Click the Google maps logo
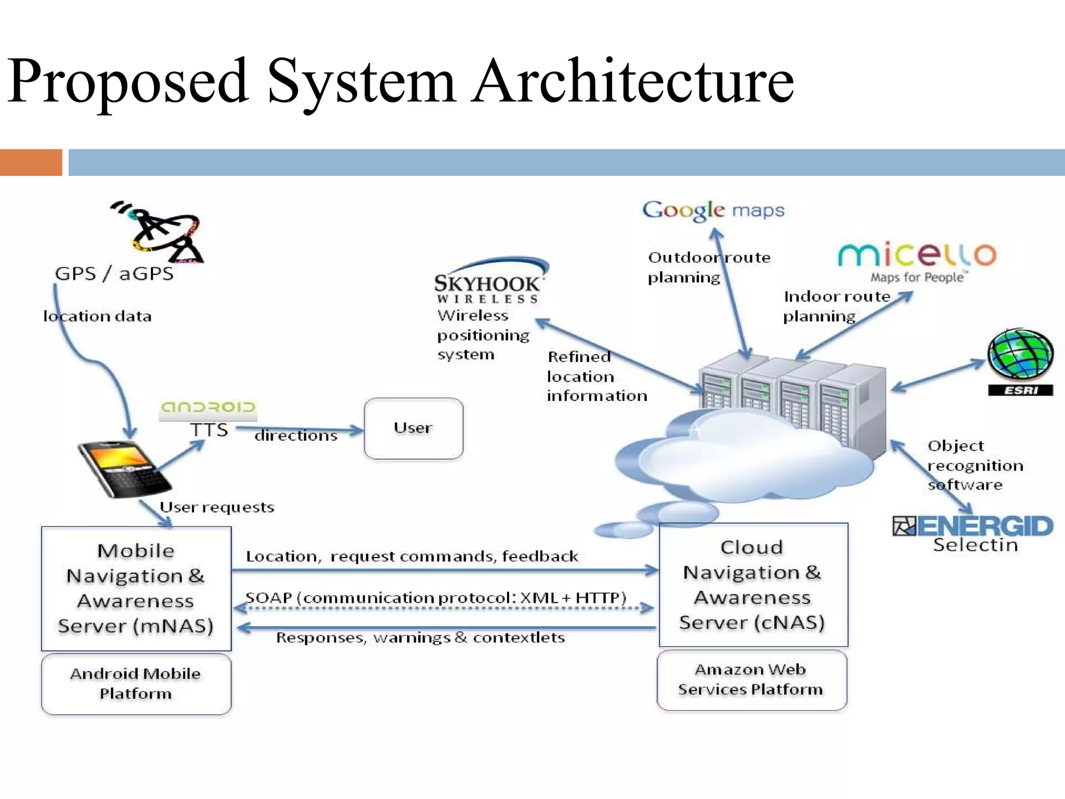[x=713, y=210]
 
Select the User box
[x=413, y=428]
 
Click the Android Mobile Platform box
[x=136, y=684]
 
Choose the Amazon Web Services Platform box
[x=751, y=679]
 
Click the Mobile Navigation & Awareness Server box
[x=136, y=588]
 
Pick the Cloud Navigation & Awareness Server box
[x=752, y=585]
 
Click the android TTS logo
[x=208, y=407]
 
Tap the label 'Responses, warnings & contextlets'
[x=420, y=638]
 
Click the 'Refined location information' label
[x=596, y=376]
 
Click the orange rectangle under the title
[x=31, y=162]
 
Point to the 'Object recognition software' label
[x=975, y=465]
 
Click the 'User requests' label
[x=216, y=507]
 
